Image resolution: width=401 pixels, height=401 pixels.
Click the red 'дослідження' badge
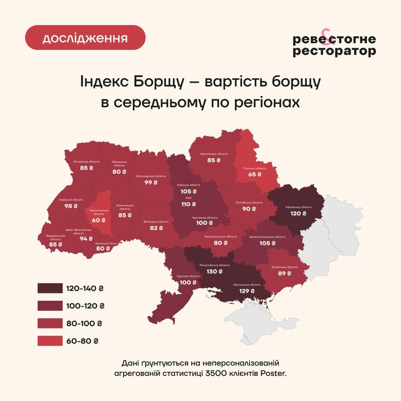pos(85,38)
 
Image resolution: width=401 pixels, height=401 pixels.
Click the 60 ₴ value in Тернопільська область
pos(99,220)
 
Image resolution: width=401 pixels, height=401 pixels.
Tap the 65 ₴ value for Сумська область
pos(254,174)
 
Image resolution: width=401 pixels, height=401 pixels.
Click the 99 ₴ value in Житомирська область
pos(151,183)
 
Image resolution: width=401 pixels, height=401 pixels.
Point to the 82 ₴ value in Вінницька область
pos(156,228)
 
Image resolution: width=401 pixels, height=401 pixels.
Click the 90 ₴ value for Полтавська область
pos(249,209)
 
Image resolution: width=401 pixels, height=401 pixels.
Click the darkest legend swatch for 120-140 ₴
pos(49,288)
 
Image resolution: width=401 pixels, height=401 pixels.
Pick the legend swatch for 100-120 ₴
pos(49,305)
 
